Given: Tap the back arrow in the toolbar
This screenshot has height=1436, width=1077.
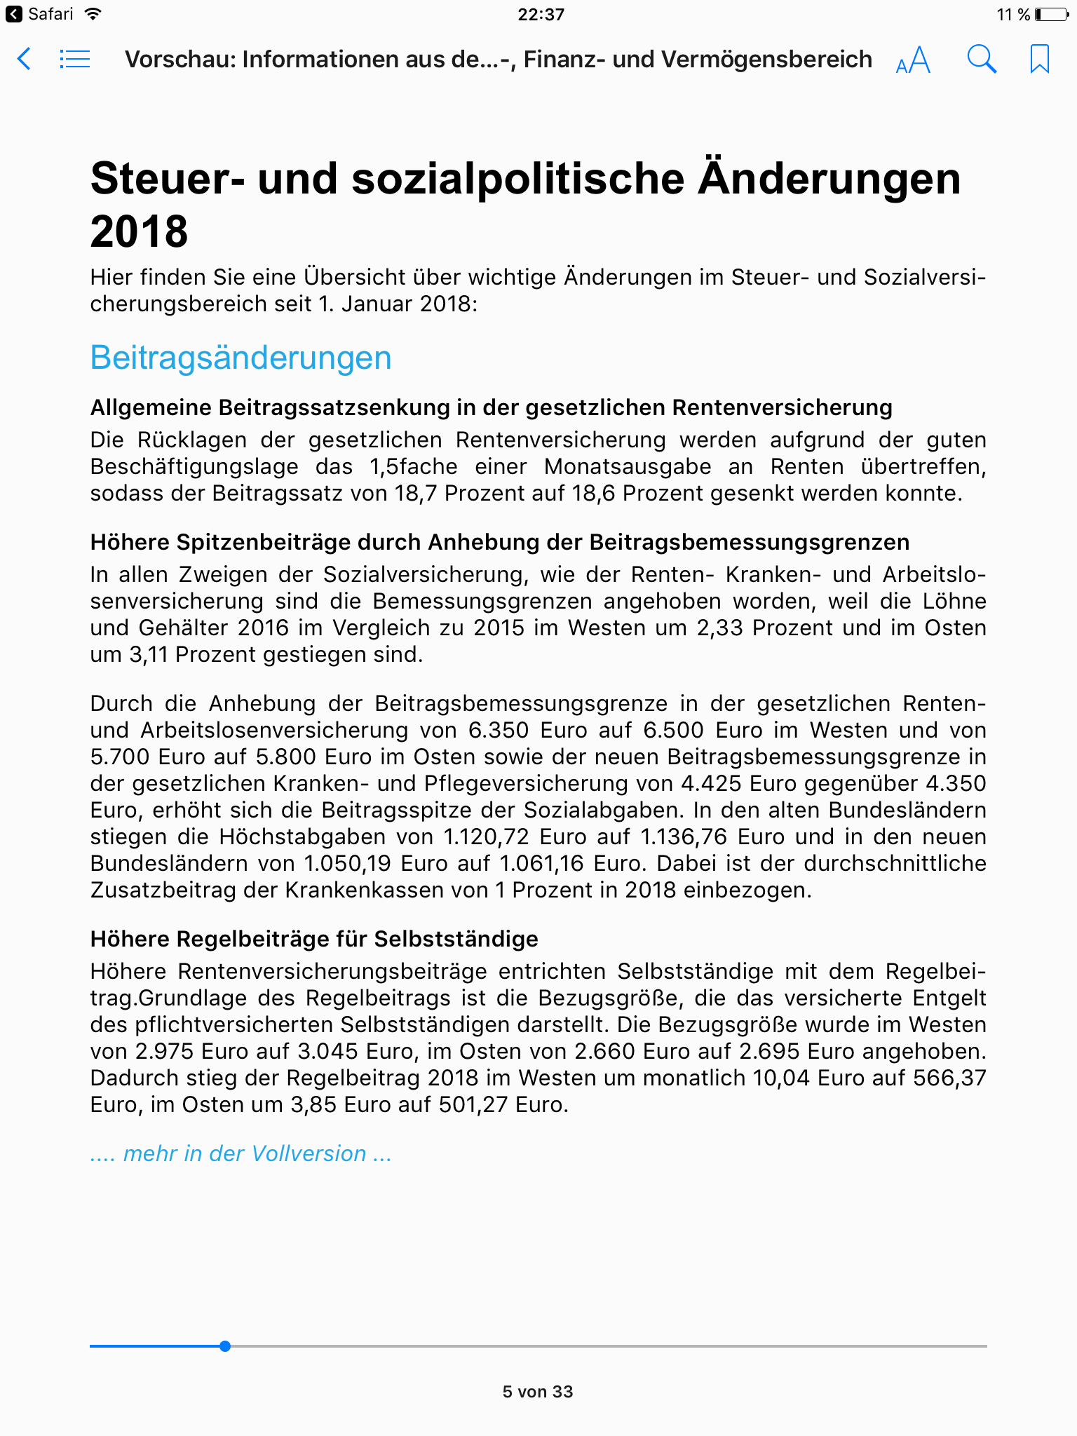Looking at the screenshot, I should [24, 59].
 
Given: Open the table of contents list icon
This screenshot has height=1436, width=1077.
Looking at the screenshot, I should [74, 59].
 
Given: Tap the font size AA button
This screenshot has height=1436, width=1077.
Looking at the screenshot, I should [913, 60].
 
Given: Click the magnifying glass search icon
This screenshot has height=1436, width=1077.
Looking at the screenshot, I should [981, 59].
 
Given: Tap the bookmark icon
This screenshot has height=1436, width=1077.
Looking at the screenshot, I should [1039, 59].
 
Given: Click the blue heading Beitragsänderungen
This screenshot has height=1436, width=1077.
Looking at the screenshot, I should [241, 358].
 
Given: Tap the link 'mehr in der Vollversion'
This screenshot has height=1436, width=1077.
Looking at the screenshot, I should [241, 1153].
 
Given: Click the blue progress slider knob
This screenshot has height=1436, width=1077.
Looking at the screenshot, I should [224, 1346].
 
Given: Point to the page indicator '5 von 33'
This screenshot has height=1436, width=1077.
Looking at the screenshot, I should [538, 1392].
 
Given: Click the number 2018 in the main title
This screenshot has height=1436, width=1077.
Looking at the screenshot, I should [139, 231].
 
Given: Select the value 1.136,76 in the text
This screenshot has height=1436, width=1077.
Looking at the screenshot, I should [685, 836].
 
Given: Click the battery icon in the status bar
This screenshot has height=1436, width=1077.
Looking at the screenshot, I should [1051, 14].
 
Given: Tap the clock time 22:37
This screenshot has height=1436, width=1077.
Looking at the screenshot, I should [541, 14].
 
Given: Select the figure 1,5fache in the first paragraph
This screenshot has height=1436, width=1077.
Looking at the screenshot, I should [414, 466].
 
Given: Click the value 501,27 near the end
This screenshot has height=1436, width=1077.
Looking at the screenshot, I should [474, 1104].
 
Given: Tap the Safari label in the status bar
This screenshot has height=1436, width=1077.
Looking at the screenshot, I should [50, 14].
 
